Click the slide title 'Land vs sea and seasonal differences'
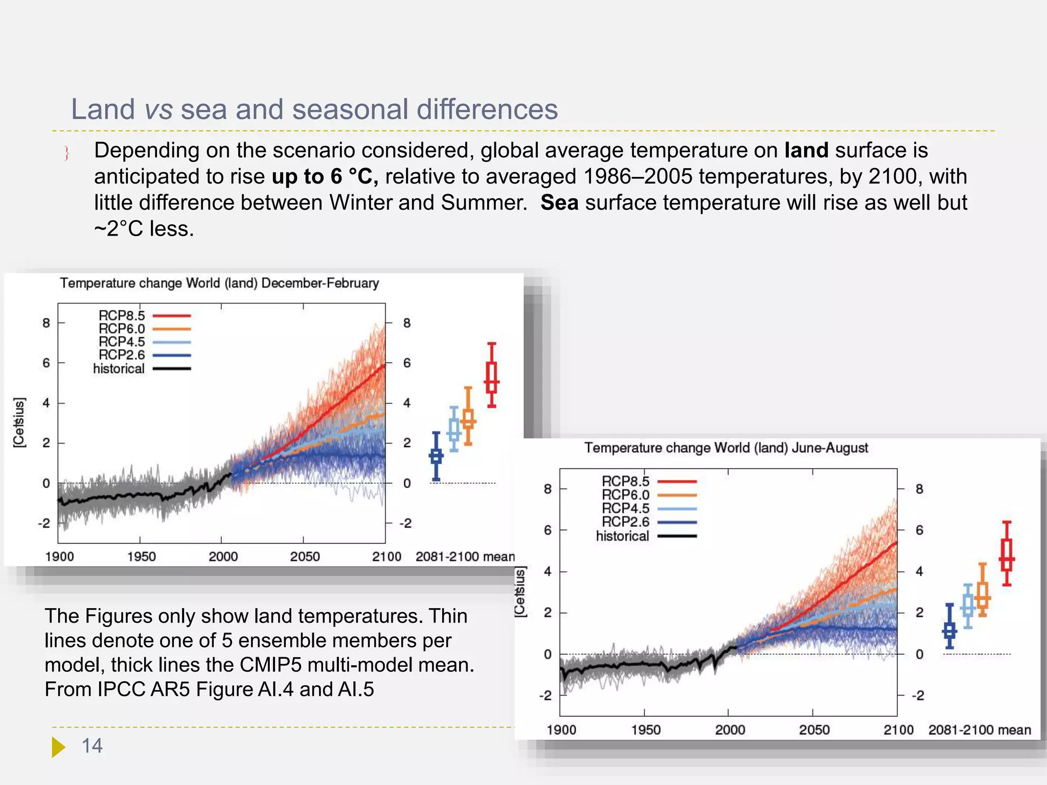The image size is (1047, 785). tap(314, 109)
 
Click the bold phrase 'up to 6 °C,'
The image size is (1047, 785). tap(325, 177)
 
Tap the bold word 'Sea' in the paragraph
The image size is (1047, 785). tap(559, 203)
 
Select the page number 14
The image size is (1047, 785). tap(92, 746)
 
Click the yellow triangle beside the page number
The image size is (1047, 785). tap(58, 747)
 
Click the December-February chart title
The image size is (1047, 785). tap(219, 283)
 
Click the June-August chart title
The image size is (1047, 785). tap(726, 448)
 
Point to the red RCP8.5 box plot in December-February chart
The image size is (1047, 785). tap(491, 377)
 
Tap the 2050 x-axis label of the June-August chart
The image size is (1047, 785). tap(814, 730)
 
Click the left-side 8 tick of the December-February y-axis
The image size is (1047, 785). tap(46, 323)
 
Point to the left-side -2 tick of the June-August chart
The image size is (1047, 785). tap(545, 696)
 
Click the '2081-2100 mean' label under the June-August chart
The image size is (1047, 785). tap(979, 730)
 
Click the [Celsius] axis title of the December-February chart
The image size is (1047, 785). tap(19, 423)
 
